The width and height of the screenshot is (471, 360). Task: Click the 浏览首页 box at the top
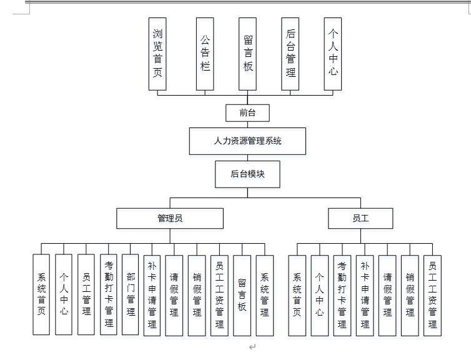158,54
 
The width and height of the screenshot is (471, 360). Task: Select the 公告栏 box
205,54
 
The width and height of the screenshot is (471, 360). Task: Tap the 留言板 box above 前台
248,54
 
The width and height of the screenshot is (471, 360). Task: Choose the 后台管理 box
290,54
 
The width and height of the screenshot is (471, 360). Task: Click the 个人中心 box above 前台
333,54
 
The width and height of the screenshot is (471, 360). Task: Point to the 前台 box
248,113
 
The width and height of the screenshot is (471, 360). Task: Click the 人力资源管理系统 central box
248,141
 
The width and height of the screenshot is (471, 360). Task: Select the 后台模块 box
248,174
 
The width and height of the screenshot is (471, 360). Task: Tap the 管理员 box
169,218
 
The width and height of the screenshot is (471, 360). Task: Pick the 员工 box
360,218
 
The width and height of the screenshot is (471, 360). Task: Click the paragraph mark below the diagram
252,347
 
